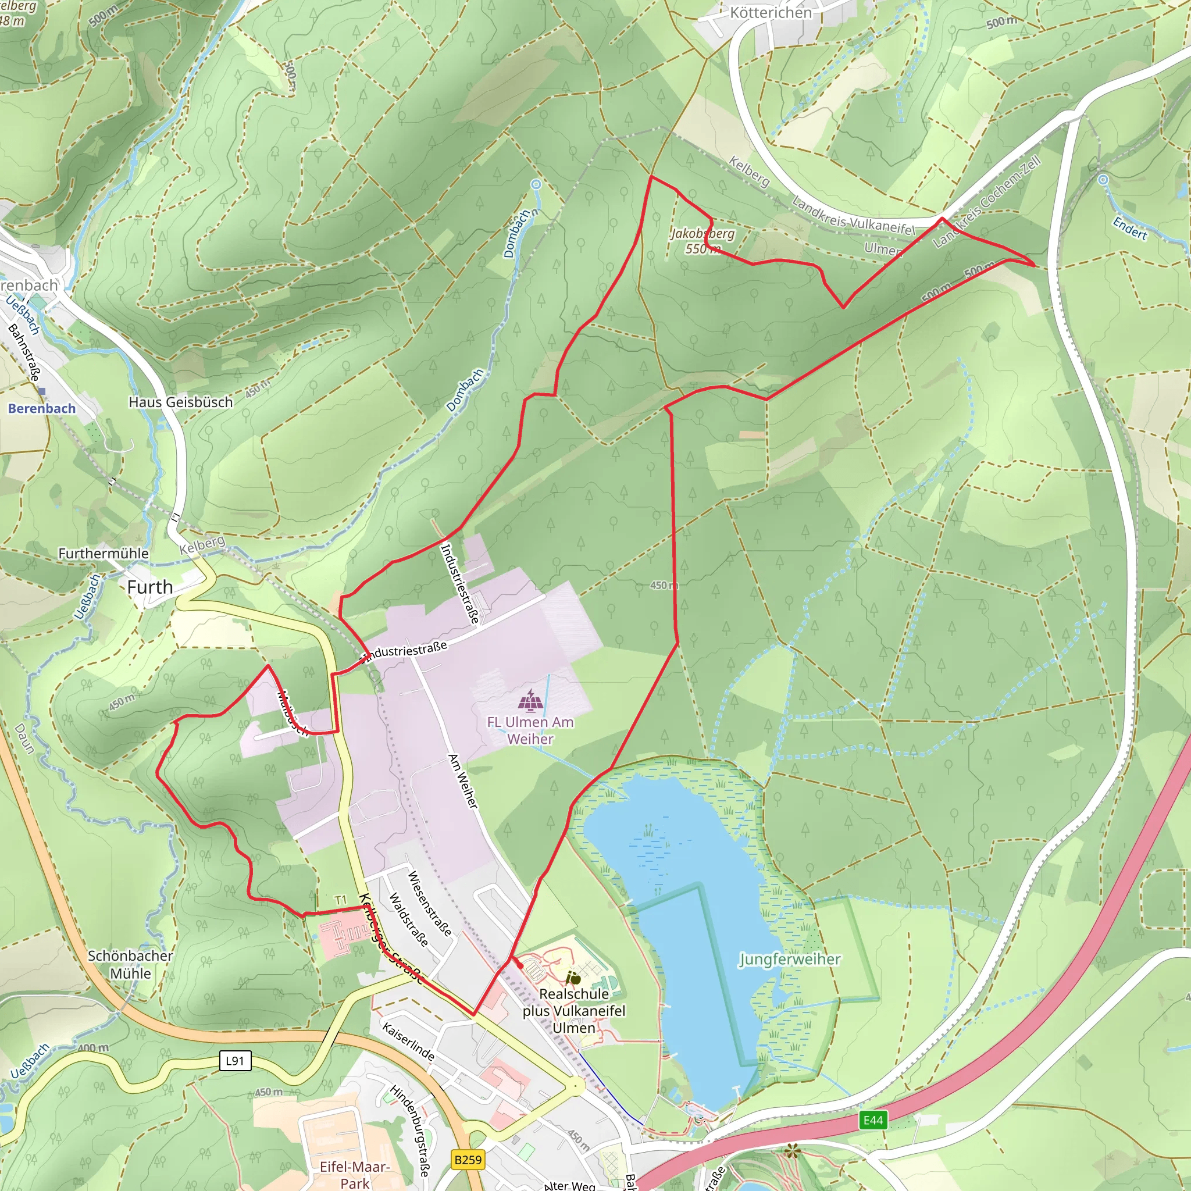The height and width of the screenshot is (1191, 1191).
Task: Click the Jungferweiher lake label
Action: click(x=789, y=959)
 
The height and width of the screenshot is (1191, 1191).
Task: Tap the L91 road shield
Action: click(x=235, y=1061)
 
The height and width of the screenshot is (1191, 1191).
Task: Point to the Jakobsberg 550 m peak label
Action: click(x=702, y=241)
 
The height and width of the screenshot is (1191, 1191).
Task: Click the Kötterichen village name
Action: click(x=771, y=12)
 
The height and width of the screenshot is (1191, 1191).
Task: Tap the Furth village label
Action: click(x=150, y=587)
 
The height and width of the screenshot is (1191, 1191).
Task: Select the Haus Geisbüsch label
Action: click(x=181, y=402)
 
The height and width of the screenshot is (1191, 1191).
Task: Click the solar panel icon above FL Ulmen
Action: click(x=530, y=701)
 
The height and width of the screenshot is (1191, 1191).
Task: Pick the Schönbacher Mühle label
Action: click(x=130, y=964)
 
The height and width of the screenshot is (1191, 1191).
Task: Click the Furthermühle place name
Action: click(x=104, y=553)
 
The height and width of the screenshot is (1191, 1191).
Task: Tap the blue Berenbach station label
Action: click(x=42, y=408)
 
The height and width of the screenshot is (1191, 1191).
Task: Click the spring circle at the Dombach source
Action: click(x=536, y=184)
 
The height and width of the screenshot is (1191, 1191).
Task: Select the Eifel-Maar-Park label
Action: click(x=355, y=1174)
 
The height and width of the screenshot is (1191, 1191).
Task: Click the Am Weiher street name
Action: click(x=462, y=781)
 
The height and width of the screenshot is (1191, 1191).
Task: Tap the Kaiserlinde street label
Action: click(x=408, y=1041)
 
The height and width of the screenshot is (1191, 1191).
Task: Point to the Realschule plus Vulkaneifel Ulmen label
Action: click(x=573, y=1010)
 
